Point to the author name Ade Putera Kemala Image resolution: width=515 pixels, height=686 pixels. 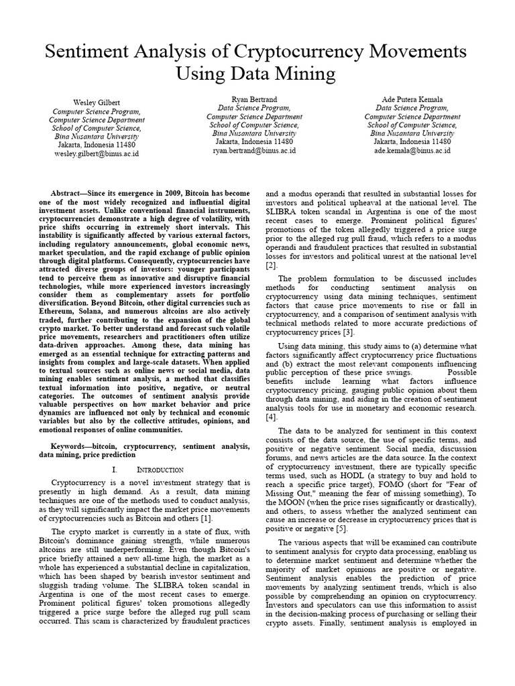[412, 98]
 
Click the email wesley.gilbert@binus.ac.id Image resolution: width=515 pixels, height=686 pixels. [97, 153]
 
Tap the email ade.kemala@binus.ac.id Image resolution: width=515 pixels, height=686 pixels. [412, 151]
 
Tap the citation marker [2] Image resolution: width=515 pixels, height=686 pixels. [270, 265]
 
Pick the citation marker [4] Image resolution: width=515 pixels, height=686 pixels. [270, 416]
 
